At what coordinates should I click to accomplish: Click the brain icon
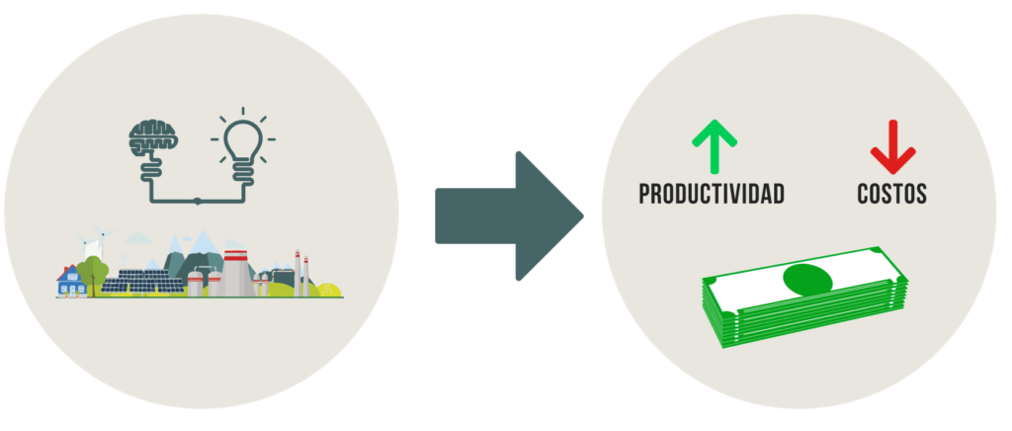[152, 138]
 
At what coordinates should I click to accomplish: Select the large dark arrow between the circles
[509, 216]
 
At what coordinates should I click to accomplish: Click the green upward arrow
[715, 147]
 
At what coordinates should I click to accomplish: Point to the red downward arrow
[892, 147]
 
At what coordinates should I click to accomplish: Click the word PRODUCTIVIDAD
[712, 194]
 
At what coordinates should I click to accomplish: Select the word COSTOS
[892, 194]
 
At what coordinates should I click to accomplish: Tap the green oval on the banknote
[807, 280]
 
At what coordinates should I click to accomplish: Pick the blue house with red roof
[70, 282]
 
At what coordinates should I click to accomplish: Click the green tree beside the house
[93, 274]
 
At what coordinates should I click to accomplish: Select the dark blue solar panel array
[142, 282]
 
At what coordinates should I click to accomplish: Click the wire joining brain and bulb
[198, 202]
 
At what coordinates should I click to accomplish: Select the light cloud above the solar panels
[138, 238]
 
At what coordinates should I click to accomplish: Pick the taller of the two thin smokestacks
[297, 274]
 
